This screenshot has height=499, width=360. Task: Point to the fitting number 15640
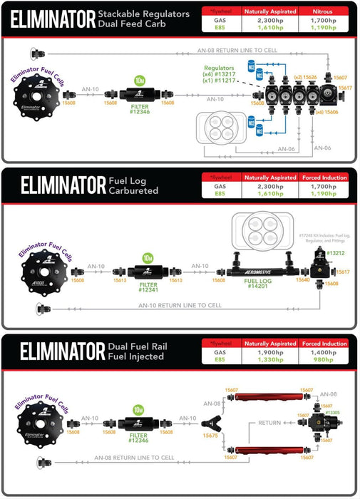[303, 280]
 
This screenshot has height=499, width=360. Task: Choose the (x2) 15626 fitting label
[307, 76]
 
